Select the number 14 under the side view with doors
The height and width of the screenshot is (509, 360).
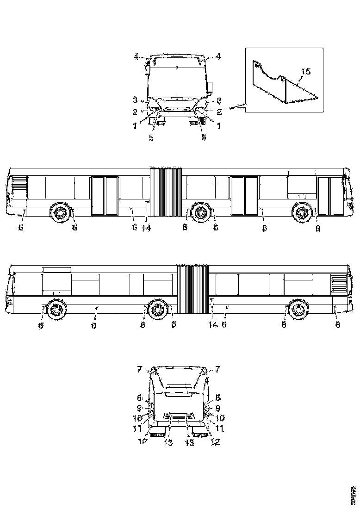coord(146,228)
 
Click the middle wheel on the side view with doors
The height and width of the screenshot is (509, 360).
coord(200,212)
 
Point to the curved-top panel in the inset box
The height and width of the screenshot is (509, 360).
coord(268,81)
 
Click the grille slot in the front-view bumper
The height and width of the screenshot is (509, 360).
coord(177,110)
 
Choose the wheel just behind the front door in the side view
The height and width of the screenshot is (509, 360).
coord(302,213)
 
